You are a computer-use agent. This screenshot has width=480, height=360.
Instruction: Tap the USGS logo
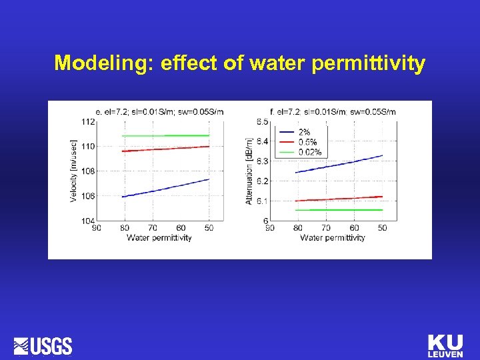point(43,345)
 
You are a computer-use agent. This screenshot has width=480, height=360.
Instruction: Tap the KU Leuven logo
point(445,345)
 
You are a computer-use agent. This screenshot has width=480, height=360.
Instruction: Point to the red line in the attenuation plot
point(339,198)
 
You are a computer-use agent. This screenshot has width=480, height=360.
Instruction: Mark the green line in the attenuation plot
point(339,209)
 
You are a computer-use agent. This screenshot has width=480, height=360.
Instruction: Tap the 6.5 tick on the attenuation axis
point(262,121)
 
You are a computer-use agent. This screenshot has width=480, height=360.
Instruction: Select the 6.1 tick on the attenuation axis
point(262,201)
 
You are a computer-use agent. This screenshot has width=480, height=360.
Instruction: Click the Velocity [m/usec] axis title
point(73,171)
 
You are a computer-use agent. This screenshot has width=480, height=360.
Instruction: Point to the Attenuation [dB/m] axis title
point(249,171)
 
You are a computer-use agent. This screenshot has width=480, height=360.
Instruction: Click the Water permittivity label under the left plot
point(159,237)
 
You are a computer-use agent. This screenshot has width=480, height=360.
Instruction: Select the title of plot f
point(332,111)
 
